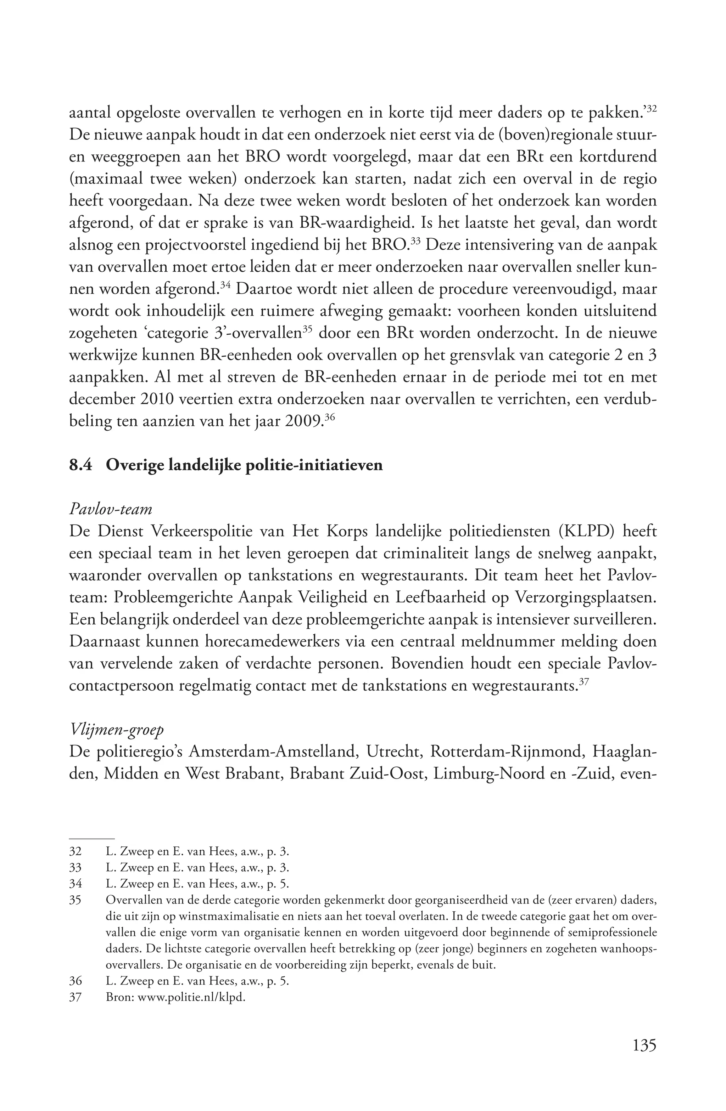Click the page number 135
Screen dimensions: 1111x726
pyautogui.click(x=644, y=1044)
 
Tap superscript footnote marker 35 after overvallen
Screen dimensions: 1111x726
pyautogui.click(x=307, y=330)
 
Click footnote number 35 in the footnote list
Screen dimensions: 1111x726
pyautogui.click(x=75, y=900)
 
